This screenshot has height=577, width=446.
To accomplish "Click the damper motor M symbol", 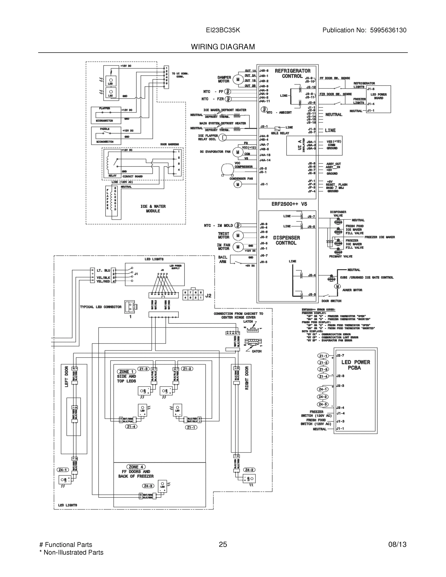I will (x=238, y=79).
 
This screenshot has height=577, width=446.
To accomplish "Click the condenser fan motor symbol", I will (x=238, y=184).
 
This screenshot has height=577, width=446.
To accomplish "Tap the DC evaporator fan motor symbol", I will (x=238, y=152).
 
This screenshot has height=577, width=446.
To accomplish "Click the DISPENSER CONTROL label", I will (x=286, y=240).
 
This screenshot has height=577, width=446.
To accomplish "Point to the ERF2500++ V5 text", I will (x=289, y=204).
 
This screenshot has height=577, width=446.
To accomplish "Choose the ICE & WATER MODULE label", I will (x=153, y=208).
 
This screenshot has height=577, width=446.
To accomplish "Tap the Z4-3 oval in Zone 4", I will (x=148, y=486).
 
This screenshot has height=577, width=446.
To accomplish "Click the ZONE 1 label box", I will (x=126, y=371).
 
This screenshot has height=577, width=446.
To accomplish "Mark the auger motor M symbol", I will (x=337, y=286).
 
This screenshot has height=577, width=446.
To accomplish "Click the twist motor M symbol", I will (x=238, y=235).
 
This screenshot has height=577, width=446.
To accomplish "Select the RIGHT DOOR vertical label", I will (x=247, y=377).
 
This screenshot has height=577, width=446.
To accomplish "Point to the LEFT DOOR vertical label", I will (x=66, y=376).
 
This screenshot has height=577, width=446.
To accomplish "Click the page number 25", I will (x=223, y=544).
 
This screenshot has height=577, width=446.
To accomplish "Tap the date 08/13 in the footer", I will (x=397, y=544).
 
